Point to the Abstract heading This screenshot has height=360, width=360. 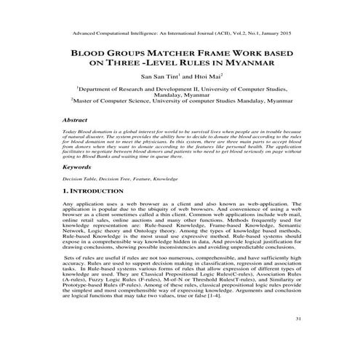tap(75, 119)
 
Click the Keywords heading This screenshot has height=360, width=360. tap(78, 167)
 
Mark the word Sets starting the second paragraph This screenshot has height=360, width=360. tap(72, 257)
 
